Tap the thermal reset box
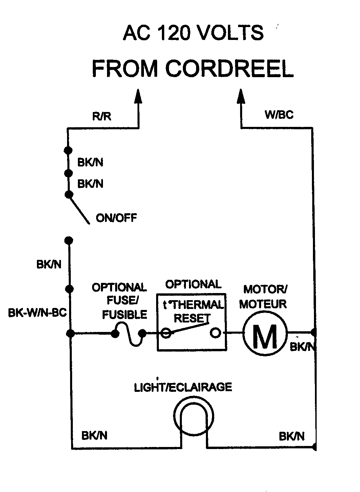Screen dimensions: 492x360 tap(191, 321)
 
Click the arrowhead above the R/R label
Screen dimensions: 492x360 tap(138, 96)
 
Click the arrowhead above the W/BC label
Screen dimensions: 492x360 tap(241, 96)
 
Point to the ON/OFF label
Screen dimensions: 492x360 tap(117, 218)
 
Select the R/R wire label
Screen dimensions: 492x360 tap(102, 116)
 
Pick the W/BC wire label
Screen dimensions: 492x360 tap(279, 115)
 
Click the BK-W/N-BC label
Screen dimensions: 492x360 tap(37, 313)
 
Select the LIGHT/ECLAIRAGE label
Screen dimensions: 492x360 tap(183, 387)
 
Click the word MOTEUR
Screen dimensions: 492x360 tap(263, 304)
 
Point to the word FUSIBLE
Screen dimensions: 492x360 tap(125, 315)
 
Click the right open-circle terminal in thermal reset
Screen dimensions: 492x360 tap(215, 333)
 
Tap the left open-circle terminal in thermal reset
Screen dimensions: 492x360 tap(166, 333)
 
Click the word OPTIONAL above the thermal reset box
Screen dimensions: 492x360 tap(193, 284)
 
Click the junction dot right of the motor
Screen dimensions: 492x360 tap(314, 333)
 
